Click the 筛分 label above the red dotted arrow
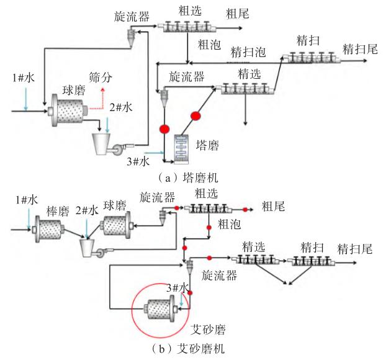(x=101, y=78)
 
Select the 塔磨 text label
(x=207, y=145)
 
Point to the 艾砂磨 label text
(x=208, y=330)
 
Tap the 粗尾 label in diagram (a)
(x=237, y=14)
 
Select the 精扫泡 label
(x=248, y=52)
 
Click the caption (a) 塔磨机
(x=188, y=178)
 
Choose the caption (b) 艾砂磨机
(x=188, y=349)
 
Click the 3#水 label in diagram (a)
(x=138, y=161)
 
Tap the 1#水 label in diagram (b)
(x=27, y=200)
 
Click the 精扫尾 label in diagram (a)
(x=360, y=49)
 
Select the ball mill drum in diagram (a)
(x=68, y=110)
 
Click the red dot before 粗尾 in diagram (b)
(x=245, y=210)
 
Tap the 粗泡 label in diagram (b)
(x=229, y=224)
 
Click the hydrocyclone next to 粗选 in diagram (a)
(x=131, y=37)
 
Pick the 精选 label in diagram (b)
(x=253, y=247)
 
